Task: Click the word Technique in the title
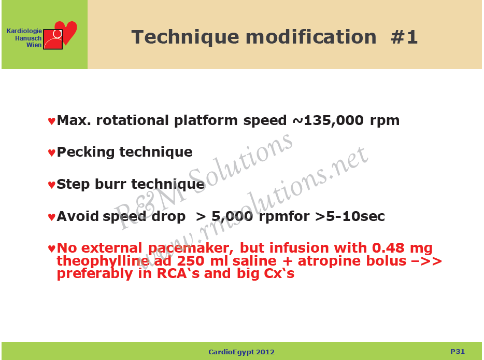[185, 38]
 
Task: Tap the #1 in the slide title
[404, 37]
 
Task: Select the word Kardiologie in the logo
[24, 31]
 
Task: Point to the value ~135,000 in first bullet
[328, 120]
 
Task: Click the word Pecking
[86, 153]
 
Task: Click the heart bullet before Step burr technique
[51, 185]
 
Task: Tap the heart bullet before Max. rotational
[51, 121]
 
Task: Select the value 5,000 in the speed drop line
[232, 217]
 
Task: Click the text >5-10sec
[350, 216]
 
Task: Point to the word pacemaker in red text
[191, 248]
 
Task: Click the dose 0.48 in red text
[388, 248]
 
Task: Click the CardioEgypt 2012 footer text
[241, 352]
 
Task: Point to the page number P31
[458, 351]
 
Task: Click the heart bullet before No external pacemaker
[51, 248]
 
